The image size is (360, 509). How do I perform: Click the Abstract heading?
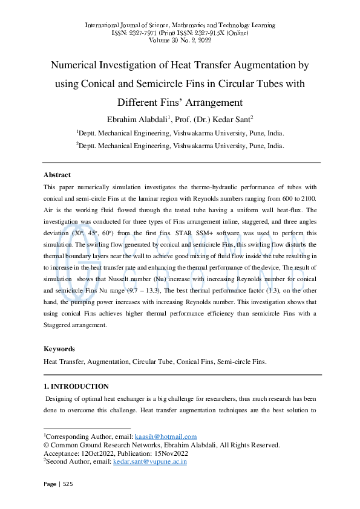[x=57, y=175]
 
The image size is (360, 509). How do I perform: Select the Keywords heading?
[x=59, y=349]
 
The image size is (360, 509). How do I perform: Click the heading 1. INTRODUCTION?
[x=76, y=386]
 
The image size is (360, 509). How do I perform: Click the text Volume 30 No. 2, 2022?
[x=180, y=40]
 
